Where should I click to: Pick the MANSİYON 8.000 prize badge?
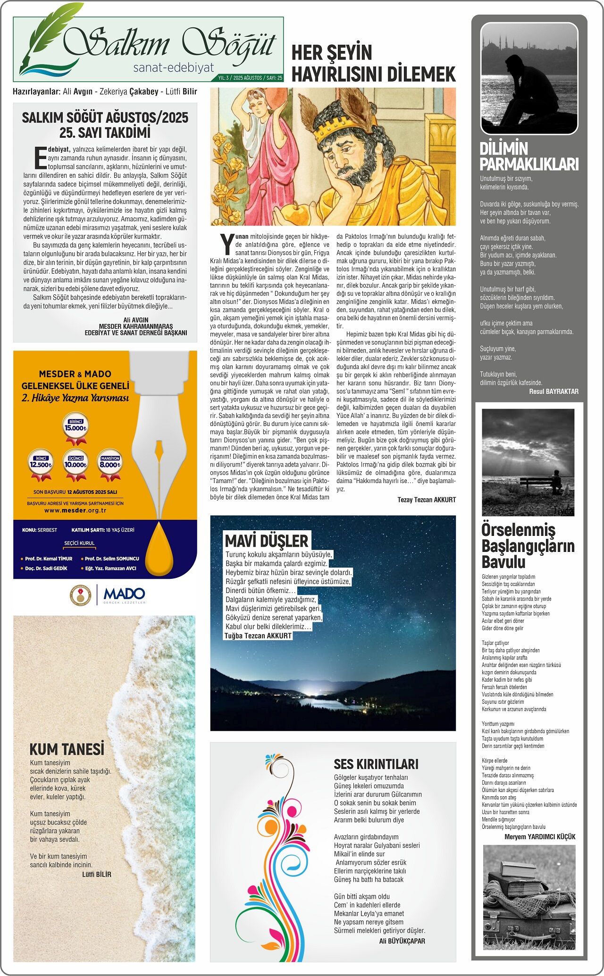coord(110,462)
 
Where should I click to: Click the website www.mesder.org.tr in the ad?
coord(75,510)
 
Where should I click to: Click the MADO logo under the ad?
coord(124,594)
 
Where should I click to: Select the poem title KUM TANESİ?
coord(67,750)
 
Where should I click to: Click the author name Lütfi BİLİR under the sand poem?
coord(97,874)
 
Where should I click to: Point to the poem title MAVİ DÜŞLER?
coord(267,541)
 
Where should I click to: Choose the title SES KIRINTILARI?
coord(376,764)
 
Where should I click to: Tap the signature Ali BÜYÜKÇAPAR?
coord(402,941)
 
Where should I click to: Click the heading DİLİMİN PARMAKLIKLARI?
coord(529,156)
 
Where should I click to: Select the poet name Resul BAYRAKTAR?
coord(554,391)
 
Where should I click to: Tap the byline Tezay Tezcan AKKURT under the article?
coord(427,500)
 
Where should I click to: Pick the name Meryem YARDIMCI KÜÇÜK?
coord(540,836)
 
